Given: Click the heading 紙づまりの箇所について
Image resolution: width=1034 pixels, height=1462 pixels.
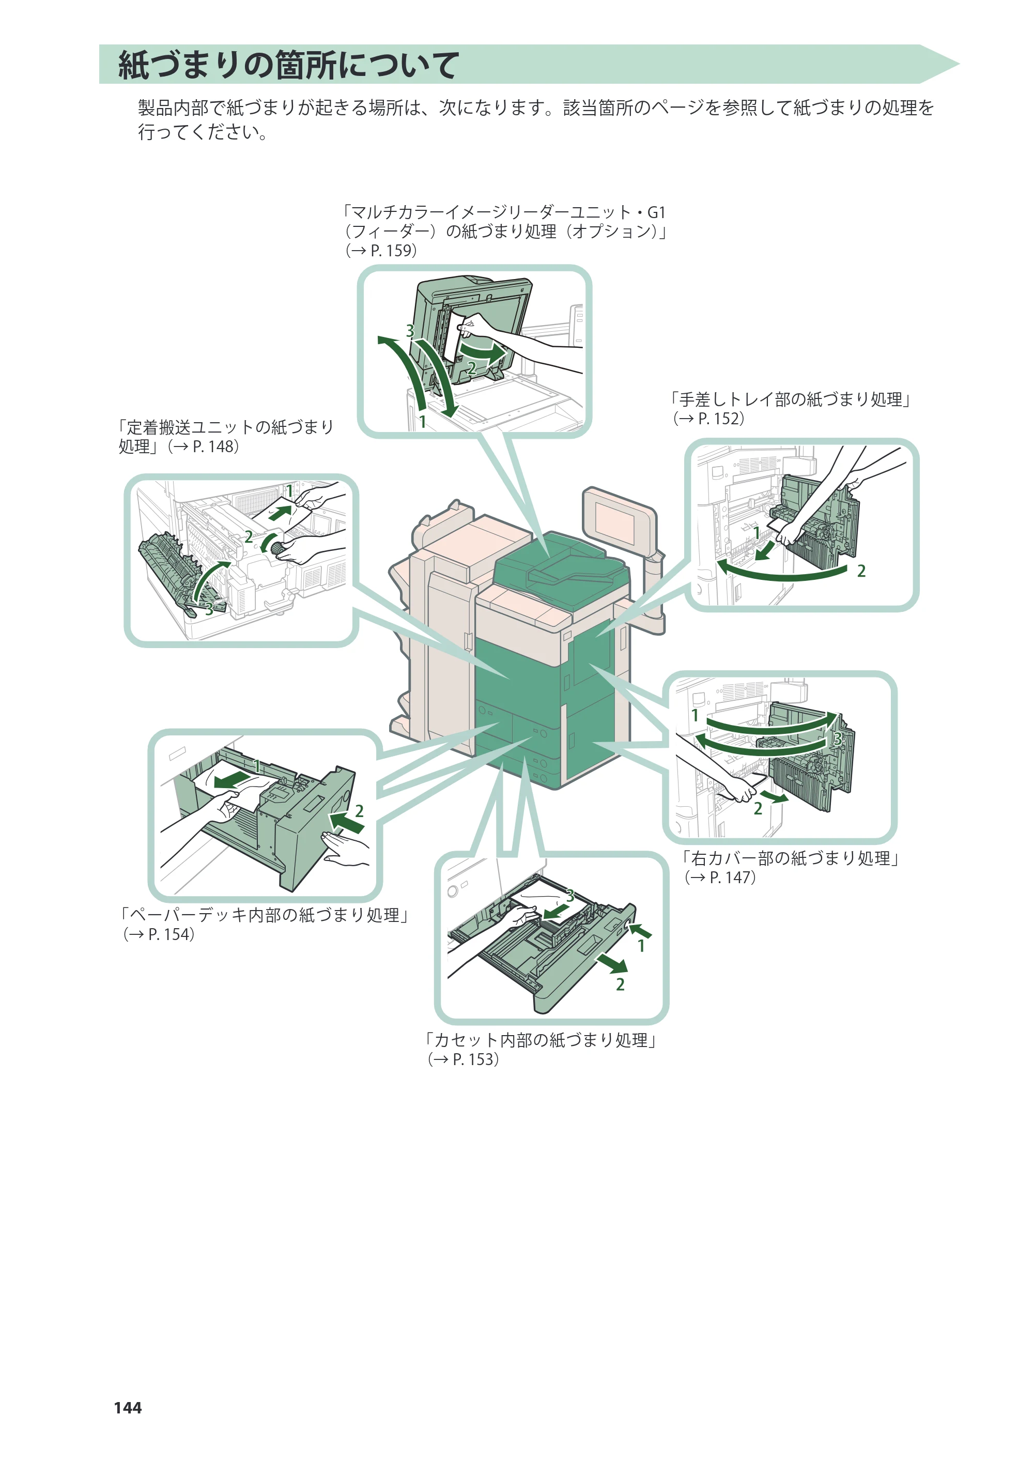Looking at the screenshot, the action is tap(288, 65).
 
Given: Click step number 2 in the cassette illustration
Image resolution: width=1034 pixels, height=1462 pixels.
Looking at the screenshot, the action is tap(620, 984).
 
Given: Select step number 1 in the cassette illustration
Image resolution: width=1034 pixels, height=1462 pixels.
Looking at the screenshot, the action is tap(641, 946).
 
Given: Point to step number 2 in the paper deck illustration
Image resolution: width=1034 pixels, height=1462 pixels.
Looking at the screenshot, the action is tap(359, 811).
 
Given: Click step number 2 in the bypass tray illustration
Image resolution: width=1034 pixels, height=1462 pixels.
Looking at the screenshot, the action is tap(861, 571).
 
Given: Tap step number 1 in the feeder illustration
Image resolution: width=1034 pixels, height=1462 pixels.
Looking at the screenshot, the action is tap(422, 421).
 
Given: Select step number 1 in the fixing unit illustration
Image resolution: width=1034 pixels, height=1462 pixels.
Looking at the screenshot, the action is tap(289, 491).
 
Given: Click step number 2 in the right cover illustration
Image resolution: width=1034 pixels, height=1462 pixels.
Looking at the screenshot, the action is tap(758, 809).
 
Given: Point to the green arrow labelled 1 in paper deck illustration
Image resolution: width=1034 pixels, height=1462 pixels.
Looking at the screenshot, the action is tap(232, 779).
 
